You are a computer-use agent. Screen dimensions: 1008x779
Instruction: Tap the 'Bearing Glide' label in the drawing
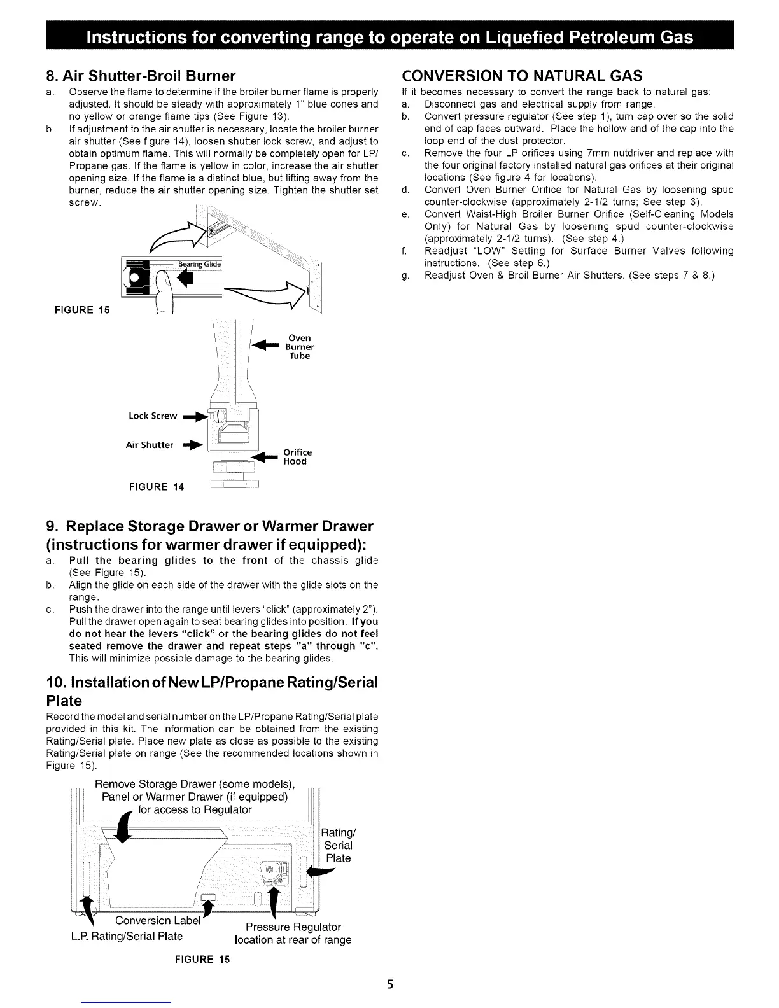coord(198,265)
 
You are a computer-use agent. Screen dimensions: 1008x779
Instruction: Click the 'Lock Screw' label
coord(153,416)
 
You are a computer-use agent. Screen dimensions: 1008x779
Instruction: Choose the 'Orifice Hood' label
coord(295,457)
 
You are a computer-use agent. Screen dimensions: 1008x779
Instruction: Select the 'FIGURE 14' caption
coord(156,487)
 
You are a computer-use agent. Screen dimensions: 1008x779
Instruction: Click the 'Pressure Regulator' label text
coord(293,927)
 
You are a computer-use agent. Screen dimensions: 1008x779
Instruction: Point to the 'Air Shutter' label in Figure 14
coord(150,445)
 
